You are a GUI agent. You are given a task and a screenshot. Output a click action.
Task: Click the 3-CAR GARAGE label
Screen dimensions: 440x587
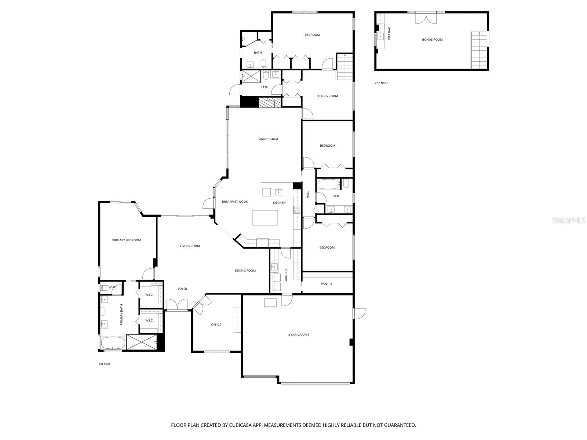[x=298, y=334]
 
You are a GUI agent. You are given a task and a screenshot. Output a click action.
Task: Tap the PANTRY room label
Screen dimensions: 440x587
[x=326, y=283]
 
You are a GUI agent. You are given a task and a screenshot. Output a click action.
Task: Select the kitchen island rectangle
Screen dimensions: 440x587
[x=265, y=218]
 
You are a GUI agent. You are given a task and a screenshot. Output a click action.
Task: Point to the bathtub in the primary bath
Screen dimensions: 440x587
[x=113, y=344]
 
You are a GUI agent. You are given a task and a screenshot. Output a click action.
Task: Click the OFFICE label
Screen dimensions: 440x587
[x=216, y=324]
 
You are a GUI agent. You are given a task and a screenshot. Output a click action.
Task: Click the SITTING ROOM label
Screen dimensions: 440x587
[x=327, y=96]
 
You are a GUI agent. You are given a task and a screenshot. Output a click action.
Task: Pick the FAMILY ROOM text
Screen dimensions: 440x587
[x=267, y=139]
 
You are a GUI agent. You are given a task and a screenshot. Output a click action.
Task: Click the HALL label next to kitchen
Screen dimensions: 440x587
[x=308, y=194]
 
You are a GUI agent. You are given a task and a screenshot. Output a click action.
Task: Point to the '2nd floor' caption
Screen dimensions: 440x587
[x=381, y=83]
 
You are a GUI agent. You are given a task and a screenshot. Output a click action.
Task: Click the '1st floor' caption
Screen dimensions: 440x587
[x=104, y=364]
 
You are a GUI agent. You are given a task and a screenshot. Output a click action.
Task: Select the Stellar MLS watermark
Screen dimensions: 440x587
[x=569, y=220]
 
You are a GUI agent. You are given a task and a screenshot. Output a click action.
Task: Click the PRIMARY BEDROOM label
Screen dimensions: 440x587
[x=126, y=240]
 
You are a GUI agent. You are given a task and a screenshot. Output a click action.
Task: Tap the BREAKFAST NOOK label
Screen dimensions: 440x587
[x=235, y=202]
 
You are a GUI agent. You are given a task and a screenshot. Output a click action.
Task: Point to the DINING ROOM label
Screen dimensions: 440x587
[x=245, y=271]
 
